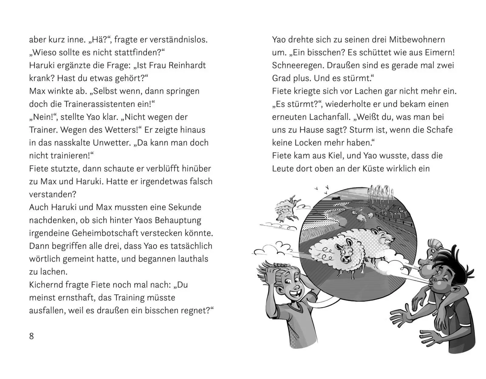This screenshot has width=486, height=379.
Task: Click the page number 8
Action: pyautogui.click(x=31, y=336)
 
